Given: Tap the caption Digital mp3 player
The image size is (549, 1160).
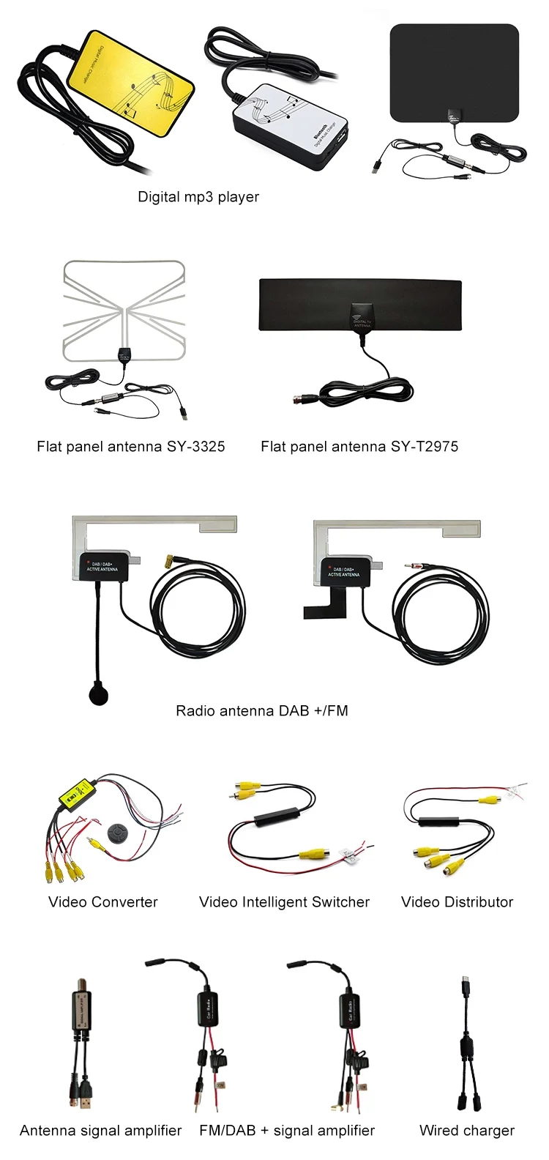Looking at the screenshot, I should [198, 197].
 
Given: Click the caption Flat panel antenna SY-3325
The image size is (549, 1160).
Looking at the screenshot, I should [131, 446].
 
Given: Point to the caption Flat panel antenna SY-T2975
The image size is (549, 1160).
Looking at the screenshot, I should [359, 446].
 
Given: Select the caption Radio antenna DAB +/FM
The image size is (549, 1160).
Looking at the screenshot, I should [262, 710].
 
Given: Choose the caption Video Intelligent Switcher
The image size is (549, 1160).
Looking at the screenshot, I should [284, 902].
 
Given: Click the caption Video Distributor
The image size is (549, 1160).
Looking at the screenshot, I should [457, 902].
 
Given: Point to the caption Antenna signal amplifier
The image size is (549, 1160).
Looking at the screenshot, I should [101, 1131].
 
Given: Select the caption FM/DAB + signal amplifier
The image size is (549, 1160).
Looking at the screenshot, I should [287, 1131].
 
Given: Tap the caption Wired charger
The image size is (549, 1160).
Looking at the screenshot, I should [467, 1131].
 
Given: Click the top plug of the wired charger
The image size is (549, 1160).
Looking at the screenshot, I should [466, 981].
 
